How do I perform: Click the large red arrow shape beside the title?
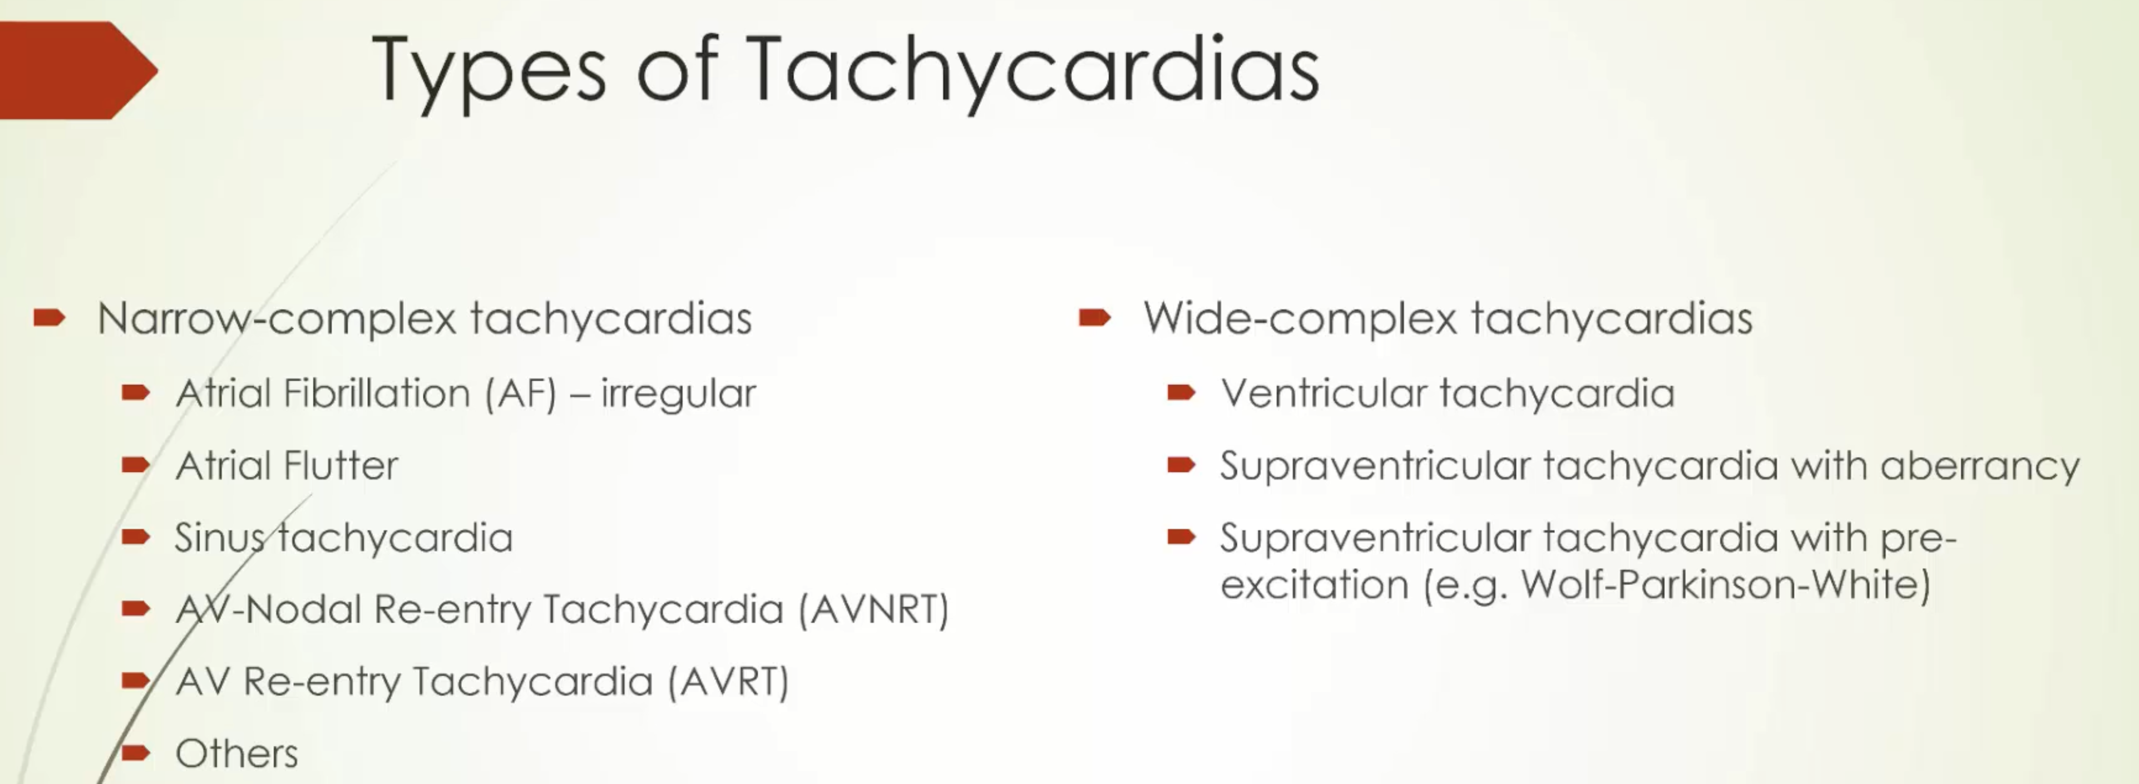(79, 70)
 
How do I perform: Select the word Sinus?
(220, 537)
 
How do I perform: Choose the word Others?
(237, 754)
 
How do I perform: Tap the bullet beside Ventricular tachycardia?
(1182, 393)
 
